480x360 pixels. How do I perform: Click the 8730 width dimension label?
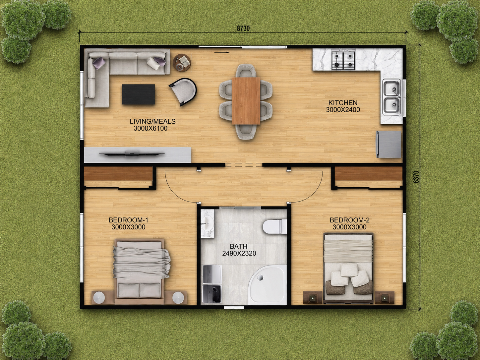[243, 29]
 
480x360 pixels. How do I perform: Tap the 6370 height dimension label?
[416, 177]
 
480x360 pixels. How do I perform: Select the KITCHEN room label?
[343, 102]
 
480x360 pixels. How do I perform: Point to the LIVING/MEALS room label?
[152, 121]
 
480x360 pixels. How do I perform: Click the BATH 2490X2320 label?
[239, 250]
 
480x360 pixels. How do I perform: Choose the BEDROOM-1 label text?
[128, 220]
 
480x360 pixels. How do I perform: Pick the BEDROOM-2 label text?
[349, 220]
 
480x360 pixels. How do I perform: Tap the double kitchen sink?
[392, 97]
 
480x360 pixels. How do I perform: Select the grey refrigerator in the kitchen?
[389, 144]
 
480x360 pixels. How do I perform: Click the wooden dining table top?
[246, 101]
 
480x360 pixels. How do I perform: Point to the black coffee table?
[139, 94]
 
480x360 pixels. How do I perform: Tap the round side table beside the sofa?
[182, 63]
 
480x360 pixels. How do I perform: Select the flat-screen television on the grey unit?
[132, 153]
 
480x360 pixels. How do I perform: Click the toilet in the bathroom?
[275, 226]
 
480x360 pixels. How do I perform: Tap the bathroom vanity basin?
[208, 224]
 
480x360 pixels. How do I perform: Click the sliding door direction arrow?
[222, 52]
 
